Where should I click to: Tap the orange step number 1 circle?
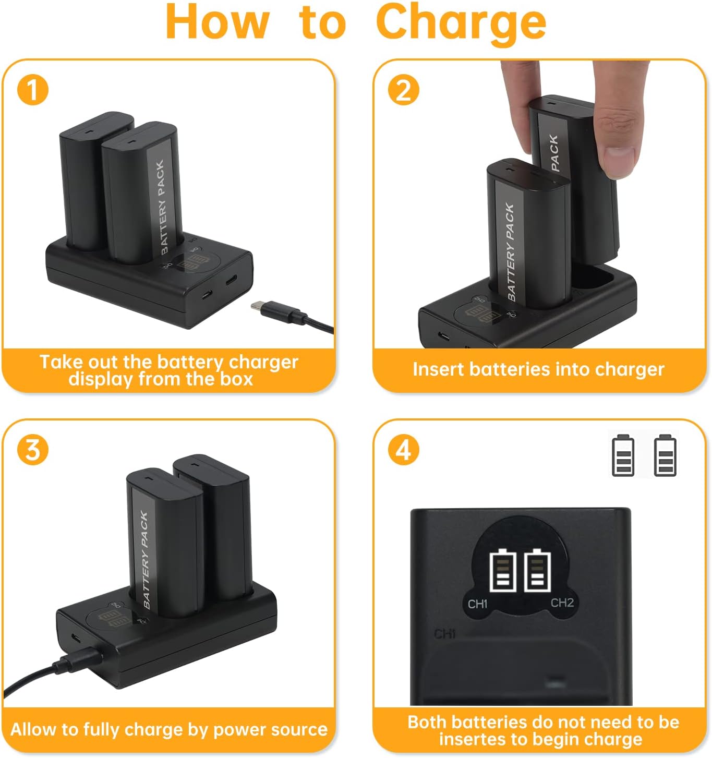pos(33,90)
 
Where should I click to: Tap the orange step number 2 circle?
pos(404,90)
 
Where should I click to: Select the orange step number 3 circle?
pos(33,449)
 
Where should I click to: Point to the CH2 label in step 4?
pos(562,603)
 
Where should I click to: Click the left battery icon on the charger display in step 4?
pos(503,570)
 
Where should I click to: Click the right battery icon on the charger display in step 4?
pos(537,570)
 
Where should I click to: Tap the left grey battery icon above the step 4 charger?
pos(623,455)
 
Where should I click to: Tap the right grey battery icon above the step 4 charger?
pos(665,455)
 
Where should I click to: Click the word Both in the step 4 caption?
pos(428,722)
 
